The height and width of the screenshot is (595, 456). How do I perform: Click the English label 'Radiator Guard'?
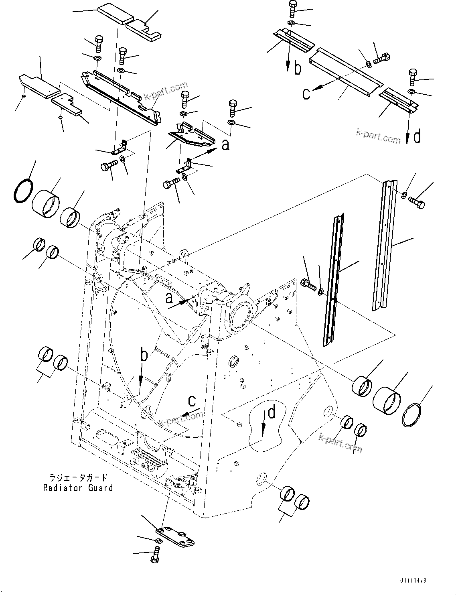(x=78, y=488)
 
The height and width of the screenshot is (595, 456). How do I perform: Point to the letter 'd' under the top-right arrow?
(x=417, y=137)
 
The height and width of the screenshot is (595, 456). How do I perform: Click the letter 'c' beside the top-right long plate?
(x=306, y=94)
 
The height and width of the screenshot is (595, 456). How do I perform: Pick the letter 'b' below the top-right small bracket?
(x=297, y=68)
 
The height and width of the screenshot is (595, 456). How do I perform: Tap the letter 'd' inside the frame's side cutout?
(x=272, y=412)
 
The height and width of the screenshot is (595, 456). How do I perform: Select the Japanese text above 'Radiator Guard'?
(x=78, y=477)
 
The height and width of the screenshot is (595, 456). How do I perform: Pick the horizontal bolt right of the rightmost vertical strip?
(x=416, y=202)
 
